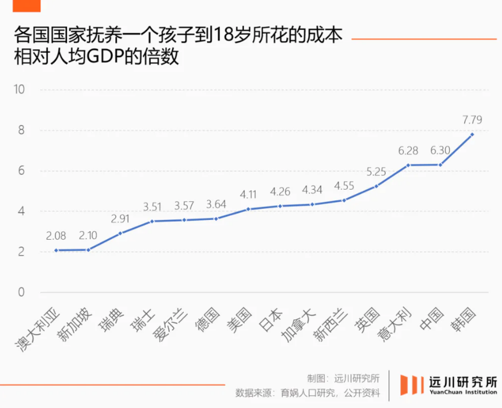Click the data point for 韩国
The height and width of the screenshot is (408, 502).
coord(472,134)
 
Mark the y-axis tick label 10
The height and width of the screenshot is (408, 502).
coord(20,90)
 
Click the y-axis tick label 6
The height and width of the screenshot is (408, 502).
coord(21,171)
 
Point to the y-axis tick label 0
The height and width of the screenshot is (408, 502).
coord(21,292)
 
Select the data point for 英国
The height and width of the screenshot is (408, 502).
coord(376,186)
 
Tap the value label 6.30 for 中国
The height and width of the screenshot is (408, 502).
coord(440,151)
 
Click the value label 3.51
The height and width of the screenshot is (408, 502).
coord(152,207)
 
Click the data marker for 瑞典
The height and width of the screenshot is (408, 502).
coord(120,233)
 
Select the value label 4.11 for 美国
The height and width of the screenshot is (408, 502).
coord(248,195)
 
